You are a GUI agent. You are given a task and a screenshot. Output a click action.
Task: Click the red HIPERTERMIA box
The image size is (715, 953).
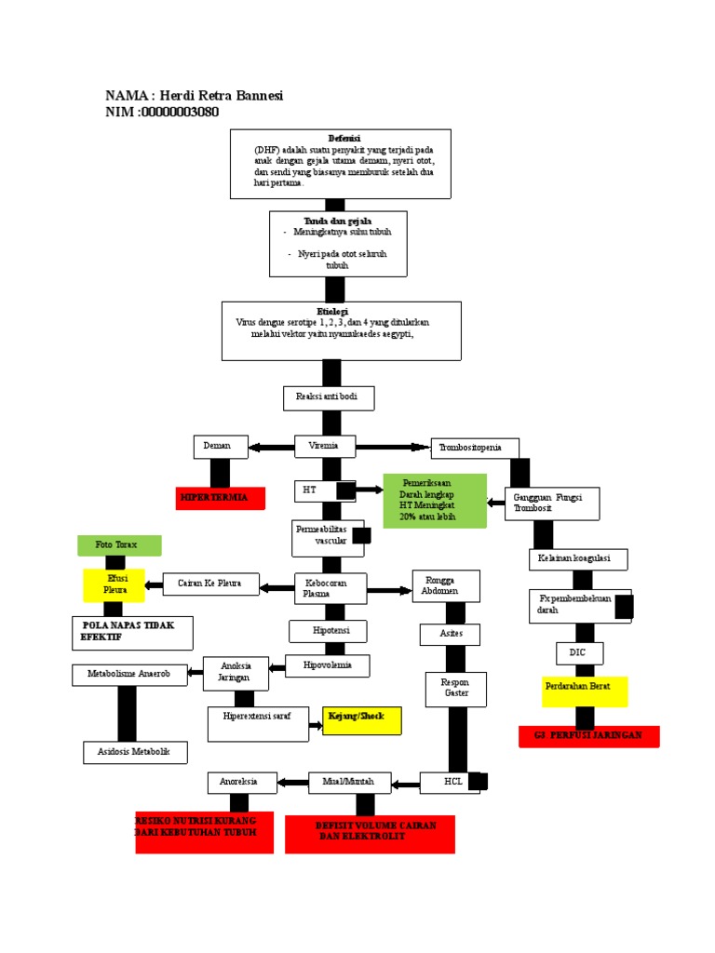[221, 498]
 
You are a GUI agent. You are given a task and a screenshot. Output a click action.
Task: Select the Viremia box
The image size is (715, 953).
[325, 447]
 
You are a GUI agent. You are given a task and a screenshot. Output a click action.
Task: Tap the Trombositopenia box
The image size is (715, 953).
[475, 448]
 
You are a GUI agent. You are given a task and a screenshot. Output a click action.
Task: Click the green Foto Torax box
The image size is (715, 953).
[120, 545]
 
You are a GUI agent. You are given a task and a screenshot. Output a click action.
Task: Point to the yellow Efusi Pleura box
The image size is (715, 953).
[115, 585]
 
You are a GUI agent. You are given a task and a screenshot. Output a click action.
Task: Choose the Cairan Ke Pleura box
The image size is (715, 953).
[210, 584]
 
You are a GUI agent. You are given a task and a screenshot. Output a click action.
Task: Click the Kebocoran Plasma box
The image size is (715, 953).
[330, 588]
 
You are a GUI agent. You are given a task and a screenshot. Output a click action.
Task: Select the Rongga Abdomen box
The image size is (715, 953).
[446, 586]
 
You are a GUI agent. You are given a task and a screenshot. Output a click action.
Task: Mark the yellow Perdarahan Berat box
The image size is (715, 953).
[585, 691]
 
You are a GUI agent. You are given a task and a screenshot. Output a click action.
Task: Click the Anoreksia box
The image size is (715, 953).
[242, 782]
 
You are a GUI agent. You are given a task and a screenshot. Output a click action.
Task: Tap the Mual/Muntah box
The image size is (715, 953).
[350, 782]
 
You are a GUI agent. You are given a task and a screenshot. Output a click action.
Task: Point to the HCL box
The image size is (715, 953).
[454, 783]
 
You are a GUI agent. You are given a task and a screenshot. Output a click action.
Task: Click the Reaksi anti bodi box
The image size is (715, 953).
[329, 398]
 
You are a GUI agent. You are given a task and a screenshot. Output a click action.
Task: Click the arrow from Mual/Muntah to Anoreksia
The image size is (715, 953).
[292, 782]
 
